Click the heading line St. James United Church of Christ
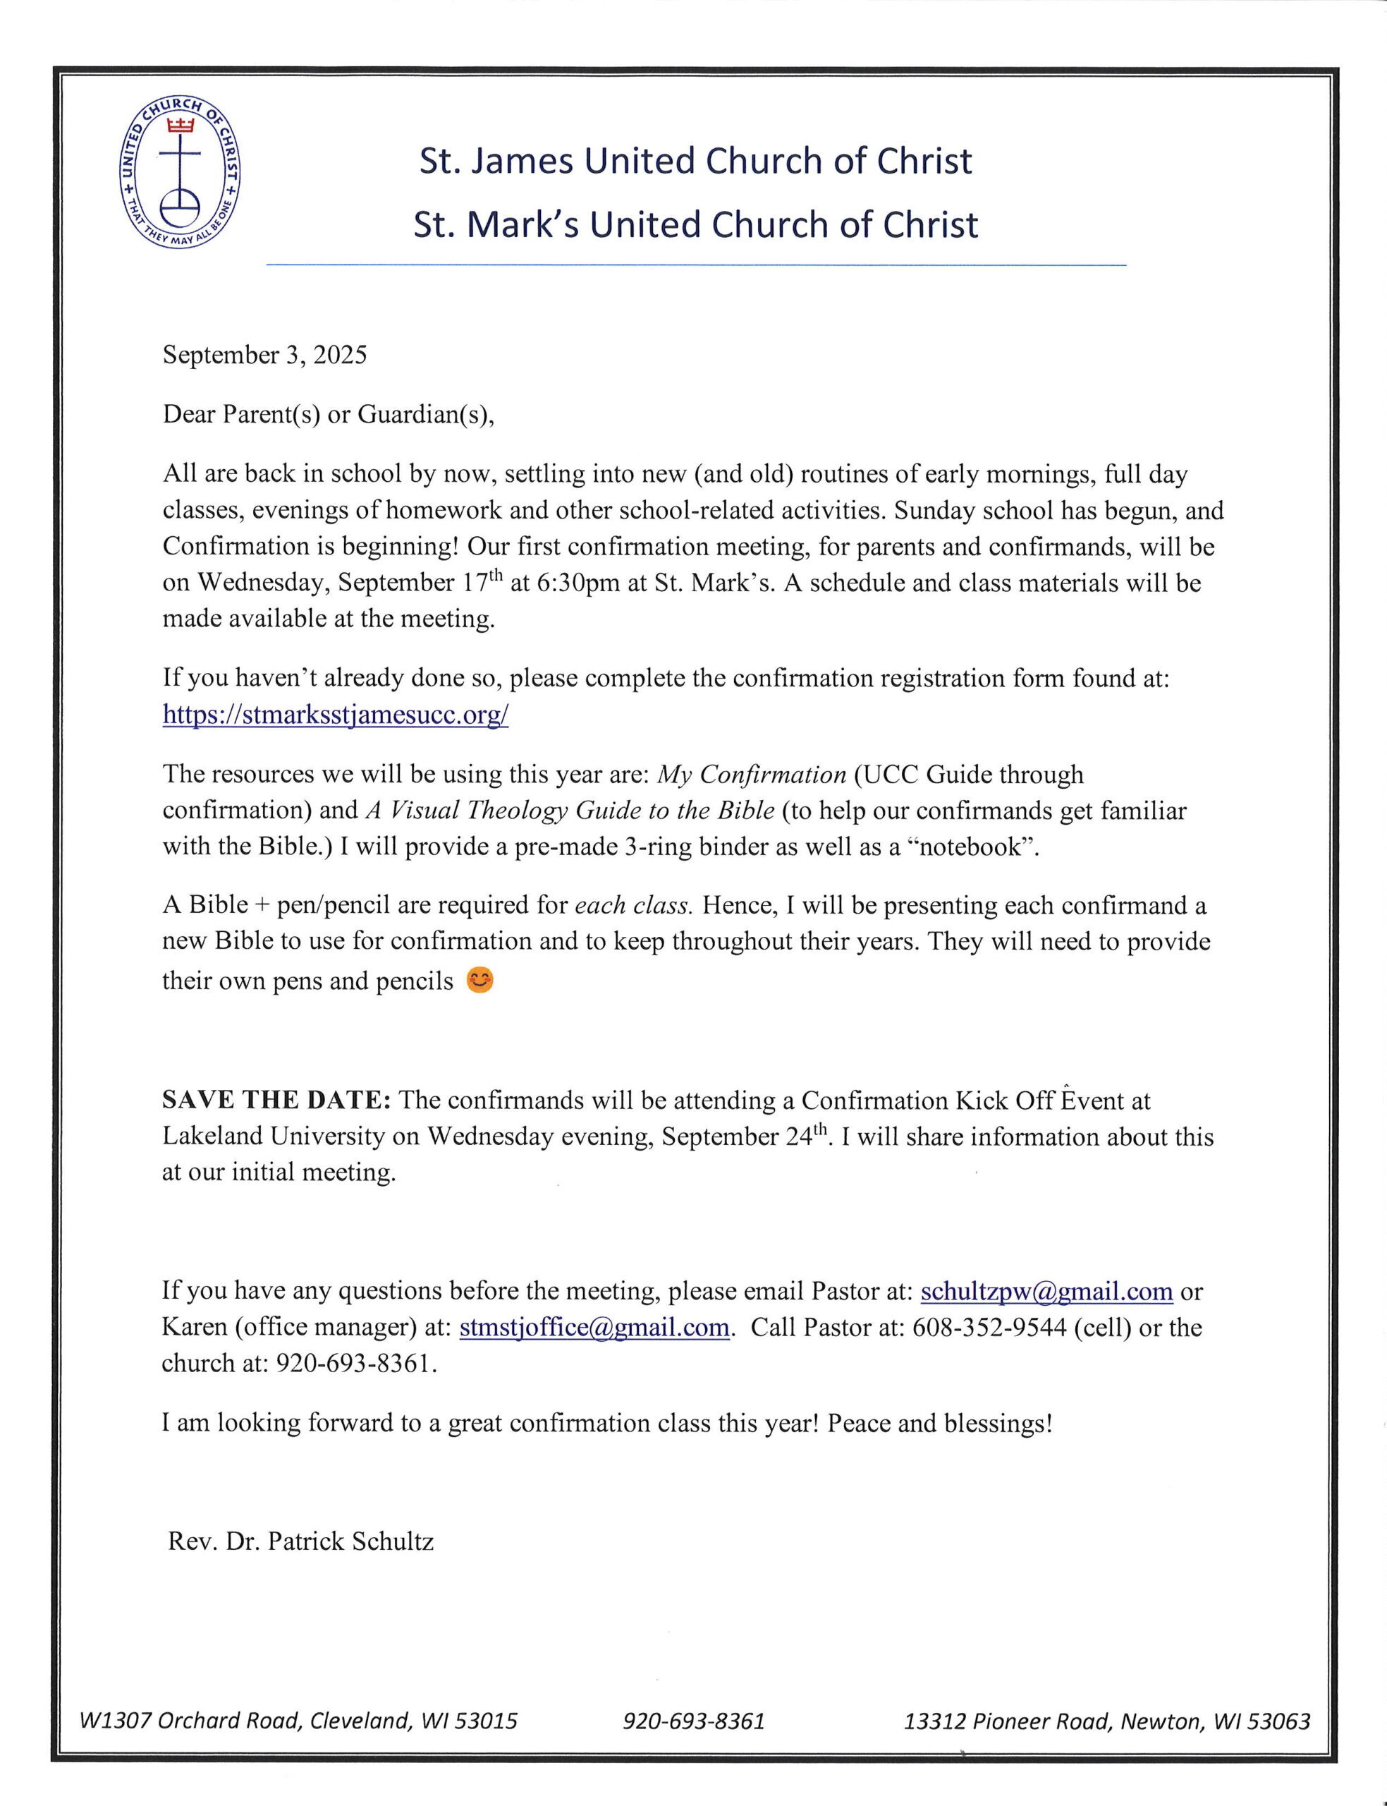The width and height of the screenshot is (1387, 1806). [x=695, y=161]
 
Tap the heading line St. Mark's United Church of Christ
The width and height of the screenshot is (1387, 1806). [x=695, y=224]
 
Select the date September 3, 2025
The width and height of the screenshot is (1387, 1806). [x=264, y=355]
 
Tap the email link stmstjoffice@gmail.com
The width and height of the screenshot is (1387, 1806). [x=594, y=1327]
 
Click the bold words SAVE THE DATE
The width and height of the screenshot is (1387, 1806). [x=276, y=1100]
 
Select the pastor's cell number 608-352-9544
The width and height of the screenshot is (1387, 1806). [x=989, y=1327]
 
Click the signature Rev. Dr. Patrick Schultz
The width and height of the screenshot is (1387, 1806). [x=300, y=1541]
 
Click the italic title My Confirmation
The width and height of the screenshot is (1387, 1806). [x=751, y=775]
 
